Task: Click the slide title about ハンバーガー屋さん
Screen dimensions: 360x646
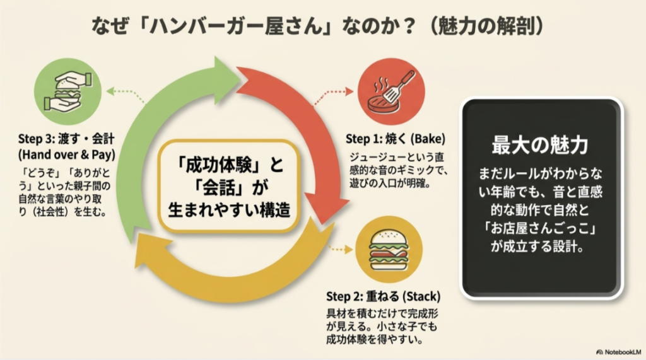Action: (319, 26)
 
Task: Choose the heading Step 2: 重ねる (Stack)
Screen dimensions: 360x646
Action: (383, 296)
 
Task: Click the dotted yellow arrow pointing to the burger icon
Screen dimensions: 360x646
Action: (338, 248)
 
